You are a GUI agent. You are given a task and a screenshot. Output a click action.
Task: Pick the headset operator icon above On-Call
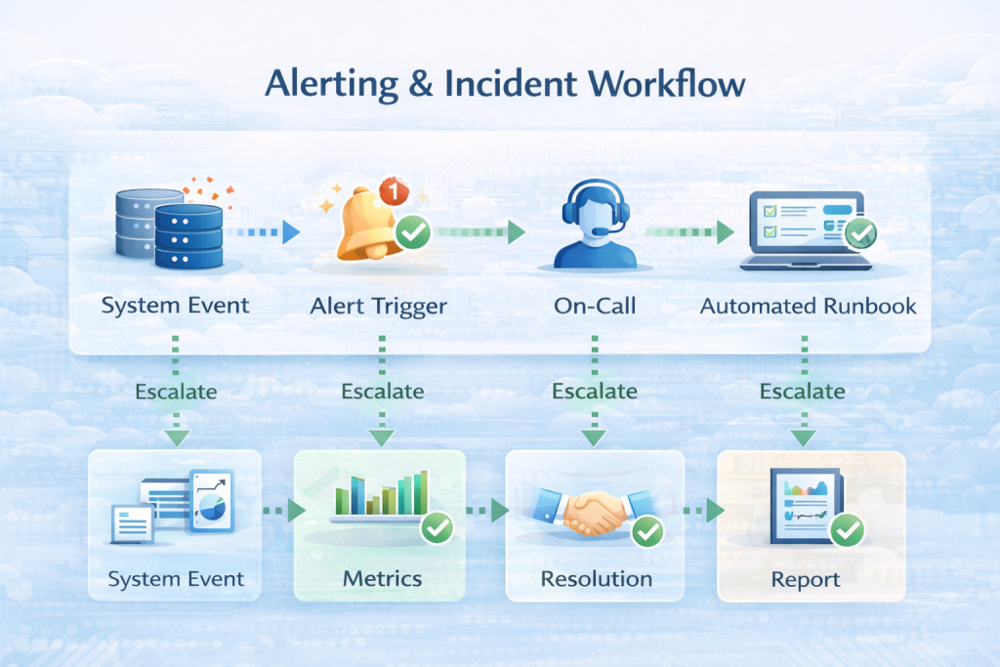594,229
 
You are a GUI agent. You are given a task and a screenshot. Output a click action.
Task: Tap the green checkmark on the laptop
860,232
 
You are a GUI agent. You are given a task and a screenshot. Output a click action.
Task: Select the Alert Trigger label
379,306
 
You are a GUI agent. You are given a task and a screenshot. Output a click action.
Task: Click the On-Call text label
594,306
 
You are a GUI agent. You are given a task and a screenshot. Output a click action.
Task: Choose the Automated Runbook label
809,306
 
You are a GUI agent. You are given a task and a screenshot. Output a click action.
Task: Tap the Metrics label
382,578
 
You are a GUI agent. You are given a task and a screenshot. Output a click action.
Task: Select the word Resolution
596,578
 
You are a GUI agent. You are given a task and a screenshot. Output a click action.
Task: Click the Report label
806,579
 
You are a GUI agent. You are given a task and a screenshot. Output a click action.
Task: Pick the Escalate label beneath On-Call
595,392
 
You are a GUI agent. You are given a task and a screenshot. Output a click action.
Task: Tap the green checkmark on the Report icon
848,530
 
